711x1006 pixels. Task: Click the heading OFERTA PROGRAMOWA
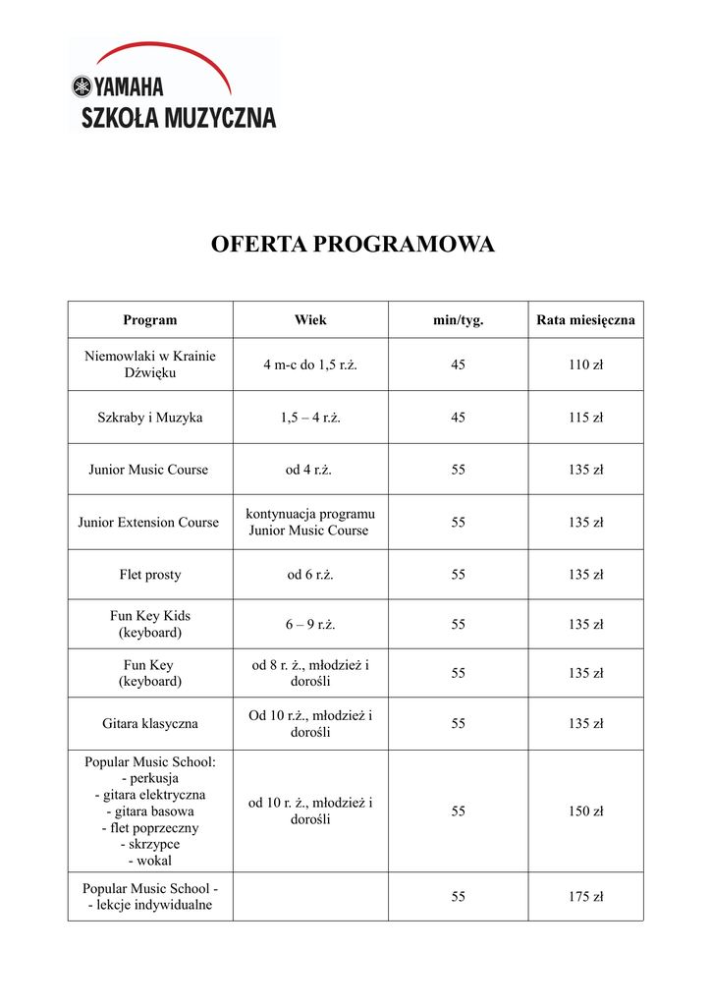354,245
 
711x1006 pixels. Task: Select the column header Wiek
310,320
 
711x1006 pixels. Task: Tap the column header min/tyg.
459,320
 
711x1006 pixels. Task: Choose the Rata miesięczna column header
585,320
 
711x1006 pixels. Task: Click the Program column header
150,320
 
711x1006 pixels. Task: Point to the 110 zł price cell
585,365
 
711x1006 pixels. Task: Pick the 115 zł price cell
585,418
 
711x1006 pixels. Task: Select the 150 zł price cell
585,811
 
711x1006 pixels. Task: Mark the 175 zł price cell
585,897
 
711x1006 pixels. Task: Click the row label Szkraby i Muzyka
150,418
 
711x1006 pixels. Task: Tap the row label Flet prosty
150,575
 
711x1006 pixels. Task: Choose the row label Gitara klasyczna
150,724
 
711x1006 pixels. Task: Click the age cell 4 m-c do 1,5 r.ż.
310,365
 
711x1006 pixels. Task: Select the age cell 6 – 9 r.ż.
310,624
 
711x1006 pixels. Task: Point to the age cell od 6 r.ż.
310,575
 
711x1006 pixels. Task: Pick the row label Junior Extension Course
149,523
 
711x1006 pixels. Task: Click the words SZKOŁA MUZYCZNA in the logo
178,118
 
